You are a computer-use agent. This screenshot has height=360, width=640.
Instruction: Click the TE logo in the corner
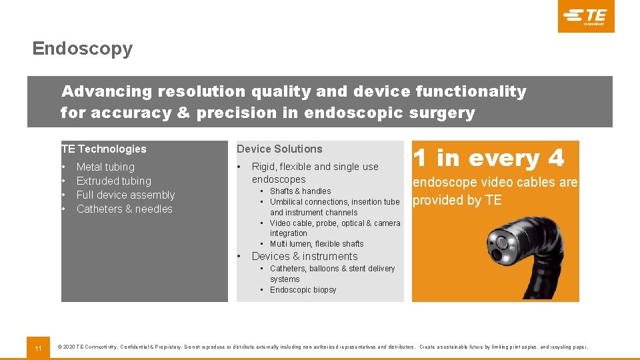tap(587, 16)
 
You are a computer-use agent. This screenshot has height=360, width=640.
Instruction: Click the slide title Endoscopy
tap(82, 49)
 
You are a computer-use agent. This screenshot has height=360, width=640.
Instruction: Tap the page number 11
tap(38, 348)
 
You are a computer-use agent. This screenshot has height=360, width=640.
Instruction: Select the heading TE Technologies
tap(103, 149)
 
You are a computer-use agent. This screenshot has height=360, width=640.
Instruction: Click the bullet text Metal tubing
tap(105, 167)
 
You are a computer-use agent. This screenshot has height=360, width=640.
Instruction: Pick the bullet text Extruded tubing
tap(114, 181)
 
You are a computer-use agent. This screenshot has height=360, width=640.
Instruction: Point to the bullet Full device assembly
tap(125, 195)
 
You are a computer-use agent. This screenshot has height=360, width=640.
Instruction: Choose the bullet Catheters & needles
tap(125, 209)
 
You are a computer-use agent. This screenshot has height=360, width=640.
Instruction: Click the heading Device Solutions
tap(279, 149)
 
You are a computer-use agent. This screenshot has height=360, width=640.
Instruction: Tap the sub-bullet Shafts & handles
tap(300, 191)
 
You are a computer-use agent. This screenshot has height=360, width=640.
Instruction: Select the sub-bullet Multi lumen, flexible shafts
tap(317, 244)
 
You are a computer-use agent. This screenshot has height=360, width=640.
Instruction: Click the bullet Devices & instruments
tap(305, 257)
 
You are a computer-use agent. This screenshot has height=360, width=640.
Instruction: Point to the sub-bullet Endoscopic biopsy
tap(303, 290)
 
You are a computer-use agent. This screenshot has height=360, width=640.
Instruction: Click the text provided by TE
tap(457, 200)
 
